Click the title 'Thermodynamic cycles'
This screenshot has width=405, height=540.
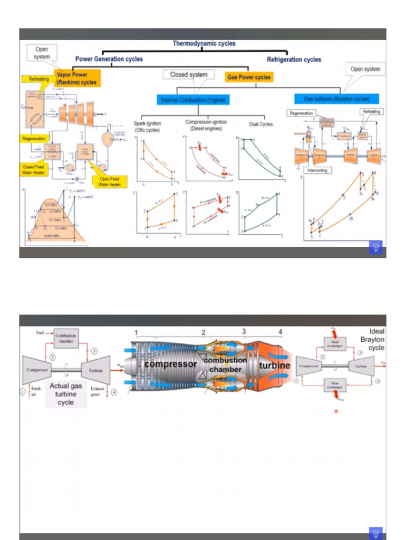click(204, 44)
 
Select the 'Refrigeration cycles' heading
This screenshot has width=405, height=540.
click(294, 60)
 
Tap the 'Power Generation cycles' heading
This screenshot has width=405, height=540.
click(109, 59)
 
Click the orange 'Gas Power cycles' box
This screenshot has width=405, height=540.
click(249, 77)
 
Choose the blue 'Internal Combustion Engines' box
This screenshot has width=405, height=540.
click(193, 100)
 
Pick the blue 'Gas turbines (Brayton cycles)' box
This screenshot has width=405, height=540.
click(336, 99)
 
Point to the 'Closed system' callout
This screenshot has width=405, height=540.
click(188, 75)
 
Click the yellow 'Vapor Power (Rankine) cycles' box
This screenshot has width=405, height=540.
click(76, 79)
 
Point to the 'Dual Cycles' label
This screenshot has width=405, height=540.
click(261, 124)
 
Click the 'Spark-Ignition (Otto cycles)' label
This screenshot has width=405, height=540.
click(147, 127)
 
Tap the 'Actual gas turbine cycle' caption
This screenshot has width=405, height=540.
click(66, 394)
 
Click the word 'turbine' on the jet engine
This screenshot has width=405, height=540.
click(274, 365)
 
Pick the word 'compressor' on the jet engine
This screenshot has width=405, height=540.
click(170, 364)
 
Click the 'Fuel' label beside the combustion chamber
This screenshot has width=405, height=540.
click(40, 333)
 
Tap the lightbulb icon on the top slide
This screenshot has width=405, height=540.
click(375, 247)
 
